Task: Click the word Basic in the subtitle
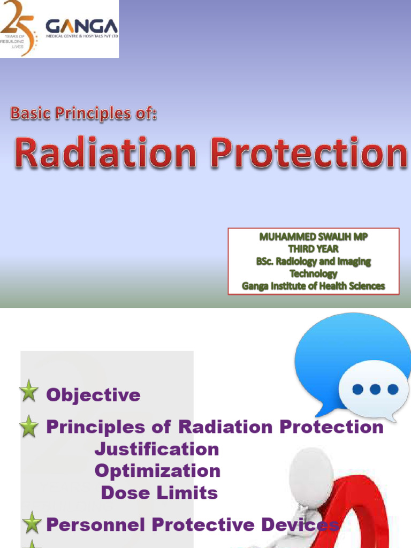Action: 34,113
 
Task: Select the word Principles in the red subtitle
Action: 94,114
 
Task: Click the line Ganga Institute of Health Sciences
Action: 314,286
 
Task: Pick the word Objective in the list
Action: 93,395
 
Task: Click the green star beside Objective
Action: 28,392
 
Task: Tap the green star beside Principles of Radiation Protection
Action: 28,427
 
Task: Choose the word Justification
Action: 157,449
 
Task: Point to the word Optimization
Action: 157,471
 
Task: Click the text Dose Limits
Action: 159,493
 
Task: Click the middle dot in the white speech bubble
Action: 375,389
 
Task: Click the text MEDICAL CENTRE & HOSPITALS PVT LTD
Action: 81,36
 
